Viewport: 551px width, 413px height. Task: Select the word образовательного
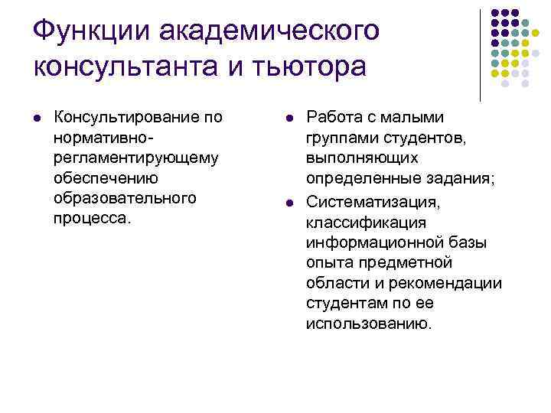click(126, 197)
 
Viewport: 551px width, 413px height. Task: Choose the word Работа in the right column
click(334, 118)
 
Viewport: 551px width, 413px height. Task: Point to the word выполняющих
click(362, 158)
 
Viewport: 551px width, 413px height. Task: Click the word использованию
click(369, 323)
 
